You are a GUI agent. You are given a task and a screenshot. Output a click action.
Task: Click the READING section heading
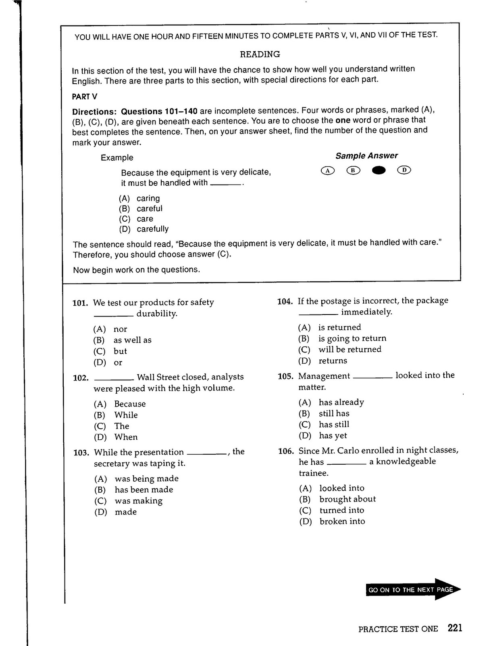[260, 54]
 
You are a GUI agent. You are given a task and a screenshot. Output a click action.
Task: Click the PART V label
[85, 97]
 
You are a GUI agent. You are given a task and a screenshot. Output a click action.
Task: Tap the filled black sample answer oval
[379, 170]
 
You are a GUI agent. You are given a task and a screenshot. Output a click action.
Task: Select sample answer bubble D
[404, 170]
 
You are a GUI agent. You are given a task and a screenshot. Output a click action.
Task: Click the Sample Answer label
[366, 156]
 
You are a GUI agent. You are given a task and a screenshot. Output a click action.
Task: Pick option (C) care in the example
[145, 219]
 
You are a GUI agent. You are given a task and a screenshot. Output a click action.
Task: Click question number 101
[80, 303]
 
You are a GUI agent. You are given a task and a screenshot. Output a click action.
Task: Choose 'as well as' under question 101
[132, 340]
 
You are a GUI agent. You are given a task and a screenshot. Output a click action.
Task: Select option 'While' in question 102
[126, 415]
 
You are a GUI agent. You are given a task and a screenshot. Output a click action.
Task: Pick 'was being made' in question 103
[146, 479]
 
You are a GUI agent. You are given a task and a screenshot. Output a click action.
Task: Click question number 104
[285, 301]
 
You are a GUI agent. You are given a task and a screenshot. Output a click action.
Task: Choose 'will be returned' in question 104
[350, 350]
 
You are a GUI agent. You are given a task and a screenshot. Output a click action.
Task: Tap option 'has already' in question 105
[341, 403]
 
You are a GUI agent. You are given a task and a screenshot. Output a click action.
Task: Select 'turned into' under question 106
[341, 510]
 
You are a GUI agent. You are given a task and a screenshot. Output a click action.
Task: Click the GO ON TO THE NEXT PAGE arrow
[413, 590]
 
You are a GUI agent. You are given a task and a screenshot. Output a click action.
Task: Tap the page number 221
[455, 628]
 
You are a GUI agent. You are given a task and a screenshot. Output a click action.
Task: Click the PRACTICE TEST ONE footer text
[398, 629]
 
